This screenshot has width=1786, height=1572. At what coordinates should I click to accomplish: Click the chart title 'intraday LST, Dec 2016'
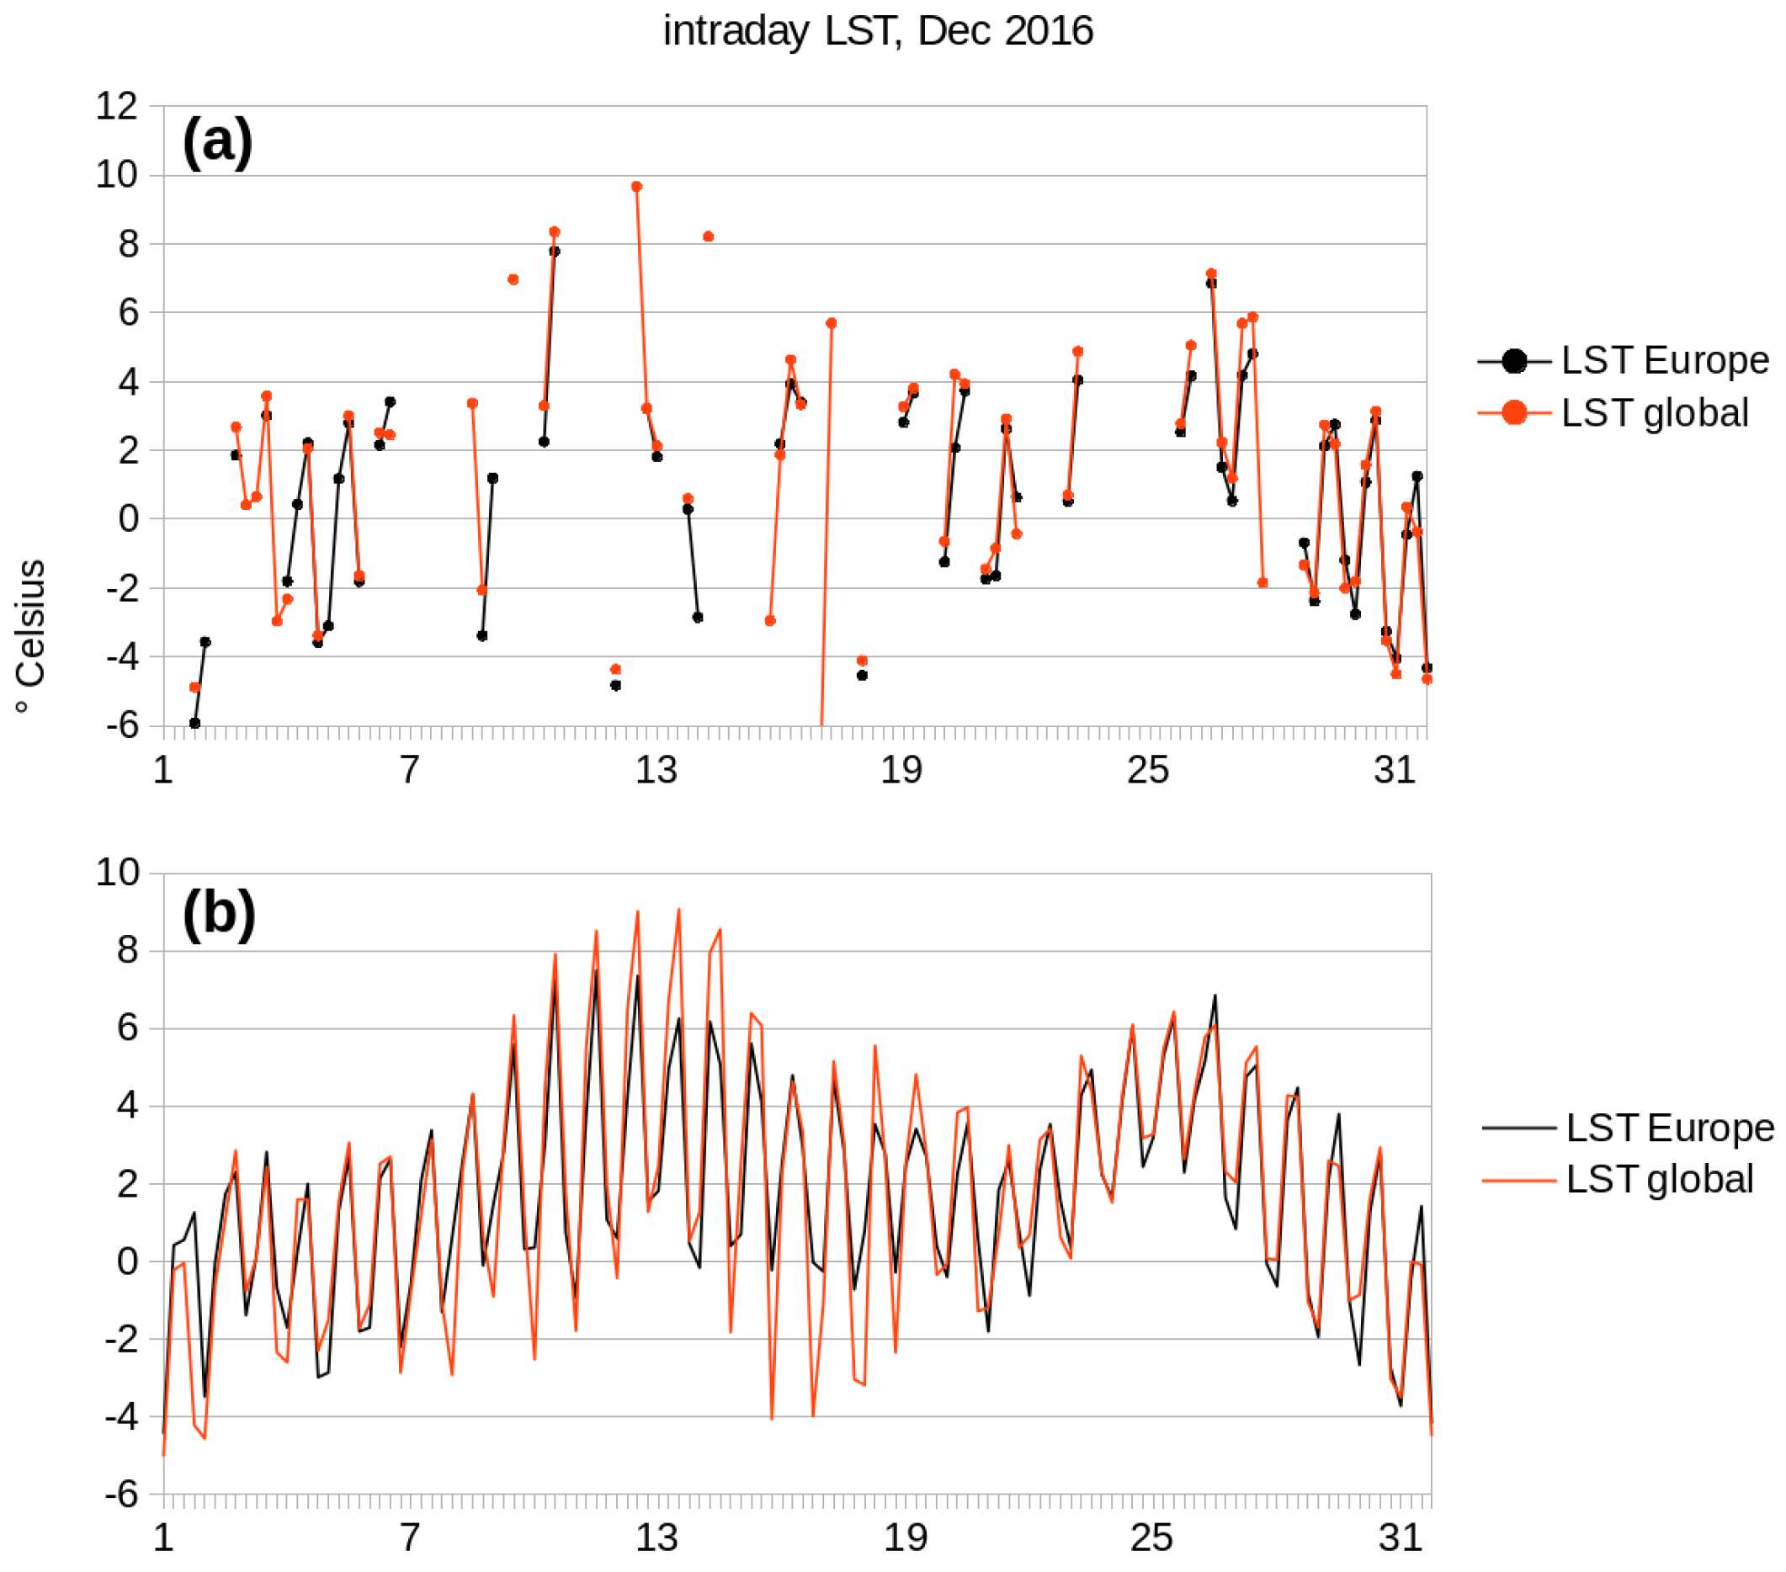coord(877,31)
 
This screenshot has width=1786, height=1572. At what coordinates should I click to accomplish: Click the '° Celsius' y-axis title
coord(31,635)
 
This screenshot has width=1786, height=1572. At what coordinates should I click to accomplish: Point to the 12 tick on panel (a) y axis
coord(116,107)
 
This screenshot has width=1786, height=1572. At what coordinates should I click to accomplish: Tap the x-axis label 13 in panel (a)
coord(656,771)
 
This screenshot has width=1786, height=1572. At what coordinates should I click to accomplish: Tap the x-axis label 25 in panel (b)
coord(1151,1538)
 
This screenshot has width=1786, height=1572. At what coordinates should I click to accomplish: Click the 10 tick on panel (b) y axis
coord(116,872)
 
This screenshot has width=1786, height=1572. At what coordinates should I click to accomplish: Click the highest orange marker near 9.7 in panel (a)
coord(636,187)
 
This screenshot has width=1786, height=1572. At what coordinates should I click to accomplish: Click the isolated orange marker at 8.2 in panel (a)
coord(708,236)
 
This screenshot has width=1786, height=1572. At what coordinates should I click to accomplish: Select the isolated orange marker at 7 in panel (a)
coord(513,279)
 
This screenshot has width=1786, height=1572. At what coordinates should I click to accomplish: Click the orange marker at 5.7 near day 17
coord(831,323)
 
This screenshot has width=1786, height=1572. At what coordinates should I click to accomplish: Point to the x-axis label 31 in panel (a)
coord(1395,771)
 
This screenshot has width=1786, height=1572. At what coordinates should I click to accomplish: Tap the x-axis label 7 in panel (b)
coord(410,1538)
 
